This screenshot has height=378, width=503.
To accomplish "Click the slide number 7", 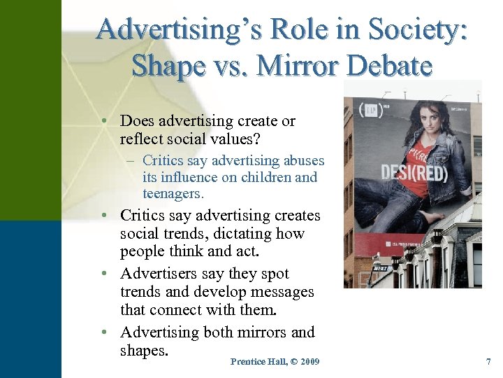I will coord(488,362).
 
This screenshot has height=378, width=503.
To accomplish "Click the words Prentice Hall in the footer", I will coord(254,362).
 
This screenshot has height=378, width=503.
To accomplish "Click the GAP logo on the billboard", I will coord(367,111).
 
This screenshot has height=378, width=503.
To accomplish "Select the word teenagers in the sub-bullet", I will coord(172,192).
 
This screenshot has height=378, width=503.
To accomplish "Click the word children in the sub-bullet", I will coord(266,177).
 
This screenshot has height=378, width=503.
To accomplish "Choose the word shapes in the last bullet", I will coord(144,350).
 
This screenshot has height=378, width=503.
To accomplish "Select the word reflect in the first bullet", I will coord(143,138).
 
